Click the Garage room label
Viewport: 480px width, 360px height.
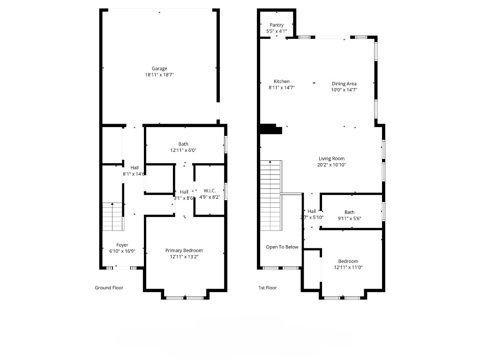(x=159, y=68)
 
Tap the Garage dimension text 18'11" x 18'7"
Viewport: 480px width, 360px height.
(x=159, y=75)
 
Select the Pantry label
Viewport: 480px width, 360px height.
(x=277, y=25)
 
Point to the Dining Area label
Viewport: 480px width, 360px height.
(x=344, y=84)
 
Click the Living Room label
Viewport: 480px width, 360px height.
(x=331, y=159)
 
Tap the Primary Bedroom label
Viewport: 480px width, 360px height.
(x=184, y=251)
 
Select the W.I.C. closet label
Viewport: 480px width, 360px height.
(x=210, y=191)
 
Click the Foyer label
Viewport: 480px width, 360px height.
(x=122, y=245)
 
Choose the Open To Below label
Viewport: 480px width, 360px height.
(x=282, y=247)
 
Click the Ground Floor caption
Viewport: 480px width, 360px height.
(x=109, y=288)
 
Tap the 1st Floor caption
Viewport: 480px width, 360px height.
(x=268, y=288)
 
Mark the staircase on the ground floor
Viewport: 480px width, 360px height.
(x=112, y=217)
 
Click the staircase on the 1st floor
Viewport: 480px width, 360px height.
(x=271, y=195)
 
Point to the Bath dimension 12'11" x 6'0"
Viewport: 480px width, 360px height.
(x=184, y=150)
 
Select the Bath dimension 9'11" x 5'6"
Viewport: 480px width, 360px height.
(x=349, y=218)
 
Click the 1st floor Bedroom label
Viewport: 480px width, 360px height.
(x=348, y=262)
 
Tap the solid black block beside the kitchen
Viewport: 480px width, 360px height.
(x=270, y=129)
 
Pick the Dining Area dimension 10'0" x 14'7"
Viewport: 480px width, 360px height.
(x=344, y=90)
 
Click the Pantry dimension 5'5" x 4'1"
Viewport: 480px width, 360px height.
(x=277, y=31)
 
